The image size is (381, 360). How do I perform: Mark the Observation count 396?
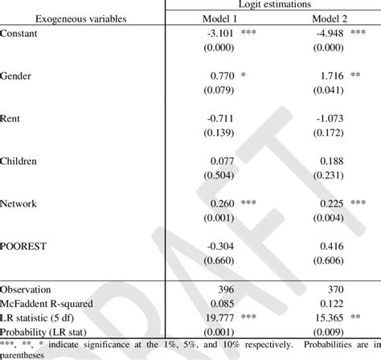(x=224, y=287)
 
